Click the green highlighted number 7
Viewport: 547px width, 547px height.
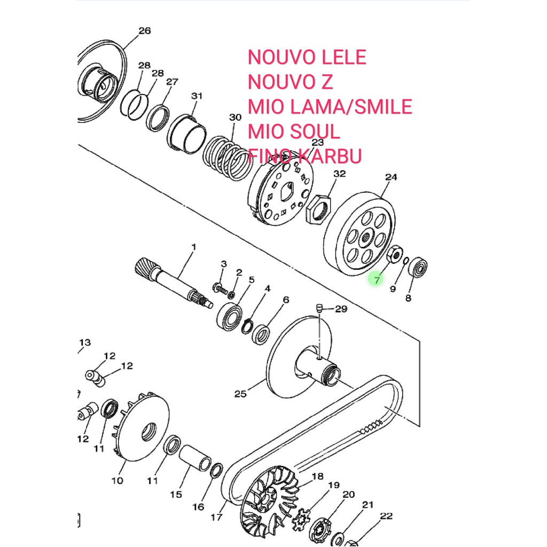pos(377,279)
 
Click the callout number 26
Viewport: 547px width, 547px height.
pos(144,30)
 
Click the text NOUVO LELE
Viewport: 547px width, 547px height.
pos(307,57)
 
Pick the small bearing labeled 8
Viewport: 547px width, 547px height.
pos(418,267)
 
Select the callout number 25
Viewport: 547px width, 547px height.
pos(240,394)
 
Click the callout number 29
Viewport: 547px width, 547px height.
pos(341,309)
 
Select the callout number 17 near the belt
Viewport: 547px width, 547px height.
pos(216,517)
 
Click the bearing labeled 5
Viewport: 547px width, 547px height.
pos(229,316)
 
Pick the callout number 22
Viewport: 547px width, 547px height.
pos(386,516)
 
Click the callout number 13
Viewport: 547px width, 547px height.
pos(85,342)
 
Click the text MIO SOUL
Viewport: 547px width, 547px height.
pos(293,131)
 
